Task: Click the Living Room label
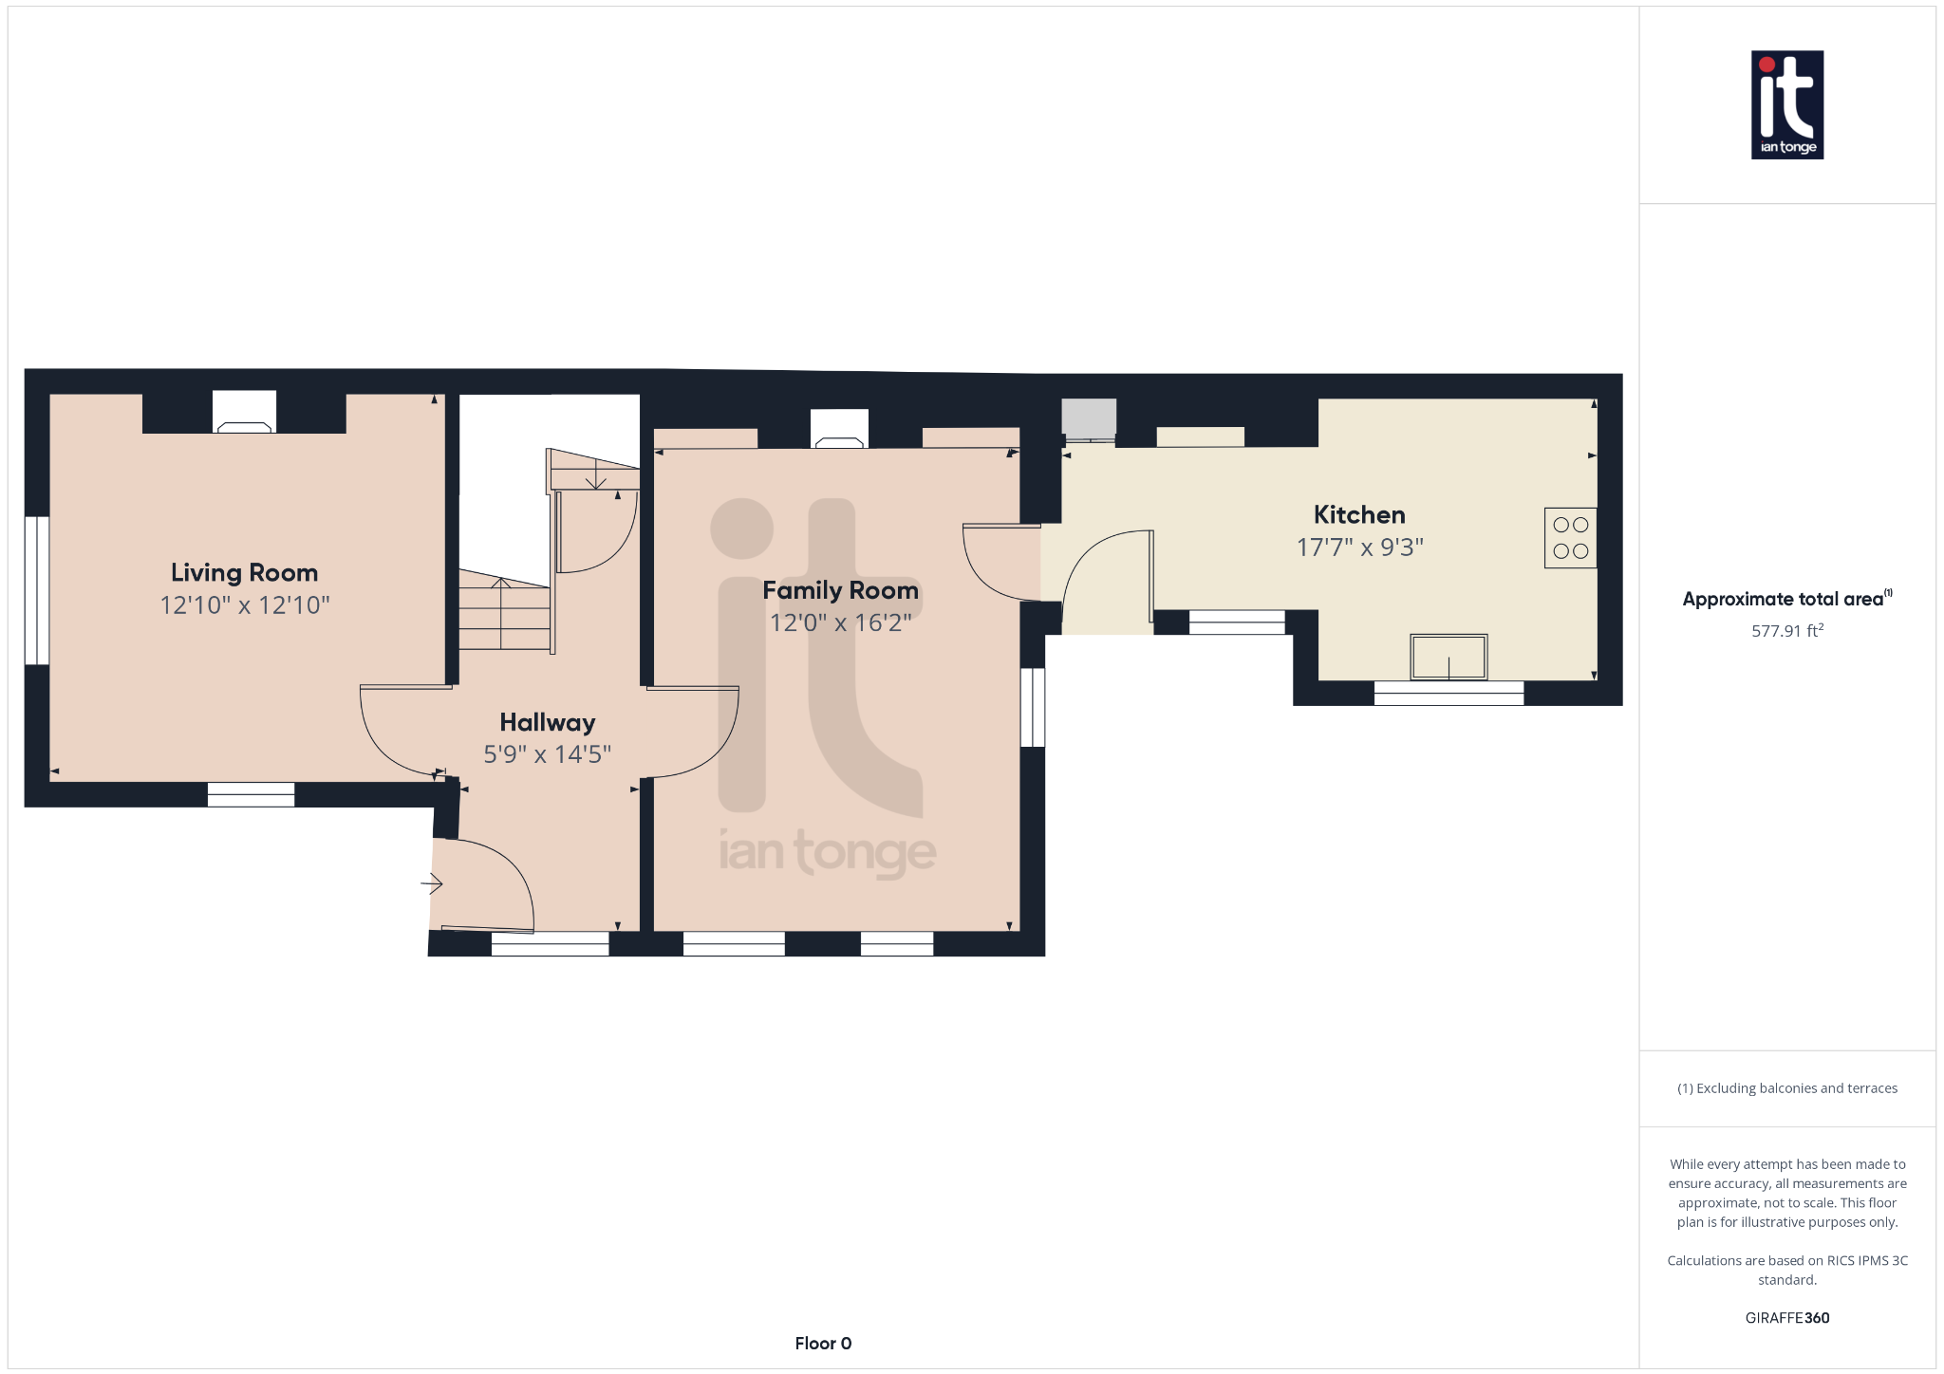244,572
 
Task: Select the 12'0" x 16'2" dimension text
840,622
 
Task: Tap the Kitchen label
1358,514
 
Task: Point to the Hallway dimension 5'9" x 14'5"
547,754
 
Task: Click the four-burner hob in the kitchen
1570,538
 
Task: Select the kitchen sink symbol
1448,657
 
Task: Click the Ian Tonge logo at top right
1786,104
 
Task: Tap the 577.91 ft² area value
1786,631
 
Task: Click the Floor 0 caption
823,1343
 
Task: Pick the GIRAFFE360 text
1786,1318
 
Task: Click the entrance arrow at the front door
432,884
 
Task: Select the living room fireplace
244,414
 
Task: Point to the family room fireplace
839,429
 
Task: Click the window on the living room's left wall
37,590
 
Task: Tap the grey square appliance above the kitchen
1088,418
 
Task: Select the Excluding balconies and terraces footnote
1786,1088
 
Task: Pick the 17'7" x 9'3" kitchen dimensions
1359,548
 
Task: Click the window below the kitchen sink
1448,694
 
